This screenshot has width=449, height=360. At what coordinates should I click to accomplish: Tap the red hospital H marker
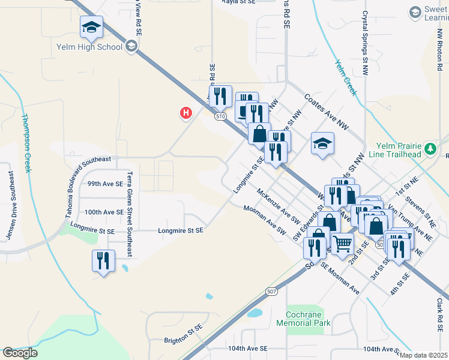point(186,112)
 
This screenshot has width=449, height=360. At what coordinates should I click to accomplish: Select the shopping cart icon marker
point(342,244)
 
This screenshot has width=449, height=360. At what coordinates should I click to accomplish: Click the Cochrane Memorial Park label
point(303,319)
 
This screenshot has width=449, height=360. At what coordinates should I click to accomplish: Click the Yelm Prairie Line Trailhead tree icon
point(430,148)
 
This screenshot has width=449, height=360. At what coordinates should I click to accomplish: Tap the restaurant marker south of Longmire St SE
point(103,260)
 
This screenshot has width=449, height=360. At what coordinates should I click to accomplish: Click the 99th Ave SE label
point(105,184)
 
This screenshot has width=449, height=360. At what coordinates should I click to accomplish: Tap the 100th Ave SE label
point(104,212)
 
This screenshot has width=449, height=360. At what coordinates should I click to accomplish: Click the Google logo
point(20,353)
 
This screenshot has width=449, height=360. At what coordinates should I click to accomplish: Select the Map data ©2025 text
point(423,355)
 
